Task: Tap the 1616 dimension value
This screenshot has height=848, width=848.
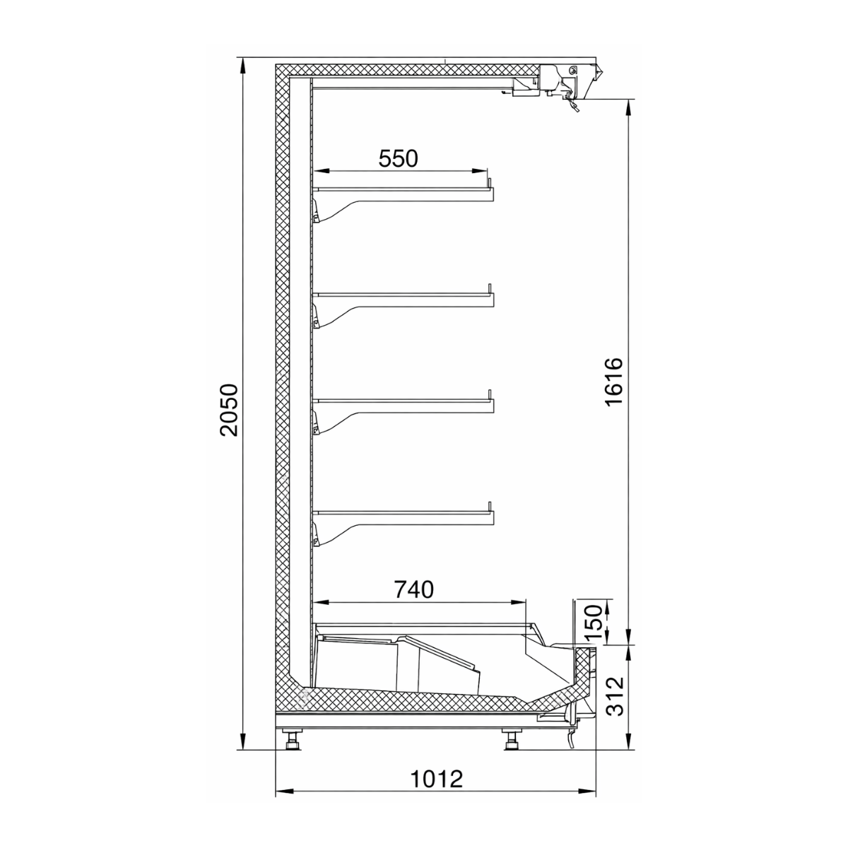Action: coord(613,382)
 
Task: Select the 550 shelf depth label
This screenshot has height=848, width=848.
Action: coord(399,158)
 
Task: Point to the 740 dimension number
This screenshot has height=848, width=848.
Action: coord(413,589)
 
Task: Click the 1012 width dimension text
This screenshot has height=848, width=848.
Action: coord(437,779)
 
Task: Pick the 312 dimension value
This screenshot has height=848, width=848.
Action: coord(615,696)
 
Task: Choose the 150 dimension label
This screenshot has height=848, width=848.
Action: coord(593,620)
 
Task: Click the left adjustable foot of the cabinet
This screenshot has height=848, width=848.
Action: coord(291,741)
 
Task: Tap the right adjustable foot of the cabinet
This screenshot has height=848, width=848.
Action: coord(510,741)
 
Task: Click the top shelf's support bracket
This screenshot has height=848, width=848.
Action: coord(339,208)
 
